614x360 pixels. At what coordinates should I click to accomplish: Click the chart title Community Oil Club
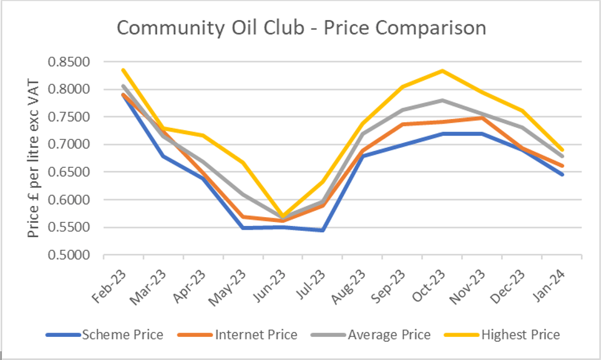pyautogui.click(x=301, y=29)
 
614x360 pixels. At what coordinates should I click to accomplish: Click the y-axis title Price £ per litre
pyautogui.click(x=34, y=158)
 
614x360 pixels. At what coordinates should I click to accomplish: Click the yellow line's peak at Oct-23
pyautogui.click(x=442, y=71)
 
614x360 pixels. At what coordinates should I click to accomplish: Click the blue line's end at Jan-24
pyautogui.click(x=562, y=174)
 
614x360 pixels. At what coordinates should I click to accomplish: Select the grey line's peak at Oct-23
pyautogui.click(x=442, y=100)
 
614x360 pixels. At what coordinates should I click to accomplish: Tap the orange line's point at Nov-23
pyautogui.click(x=482, y=117)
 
